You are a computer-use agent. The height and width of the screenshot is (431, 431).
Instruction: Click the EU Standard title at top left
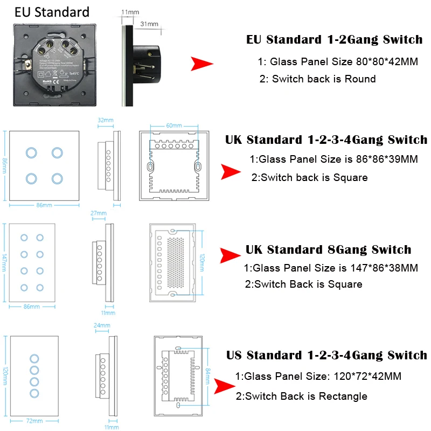pyautogui.click(x=52, y=12)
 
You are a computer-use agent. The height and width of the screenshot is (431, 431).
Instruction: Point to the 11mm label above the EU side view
pyautogui.click(x=129, y=11)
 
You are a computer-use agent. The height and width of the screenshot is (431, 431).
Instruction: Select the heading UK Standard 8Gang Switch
pyautogui.click(x=328, y=250)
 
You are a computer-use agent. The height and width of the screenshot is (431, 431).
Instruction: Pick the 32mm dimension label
pyautogui.click(x=106, y=121)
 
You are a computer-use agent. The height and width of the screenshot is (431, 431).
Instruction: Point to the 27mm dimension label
pyautogui.click(x=98, y=213)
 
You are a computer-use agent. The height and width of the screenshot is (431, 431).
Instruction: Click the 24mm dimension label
pyautogui.click(x=102, y=325)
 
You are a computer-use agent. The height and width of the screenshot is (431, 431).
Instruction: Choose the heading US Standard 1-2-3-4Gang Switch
pyautogui.click(x=326, y=356)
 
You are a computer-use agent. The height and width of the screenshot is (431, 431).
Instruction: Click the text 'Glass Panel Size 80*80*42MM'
pyautogui.click(x=337, y=62)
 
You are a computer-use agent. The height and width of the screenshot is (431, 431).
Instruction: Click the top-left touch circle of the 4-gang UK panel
pyautogui.click(x=30, y=152)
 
